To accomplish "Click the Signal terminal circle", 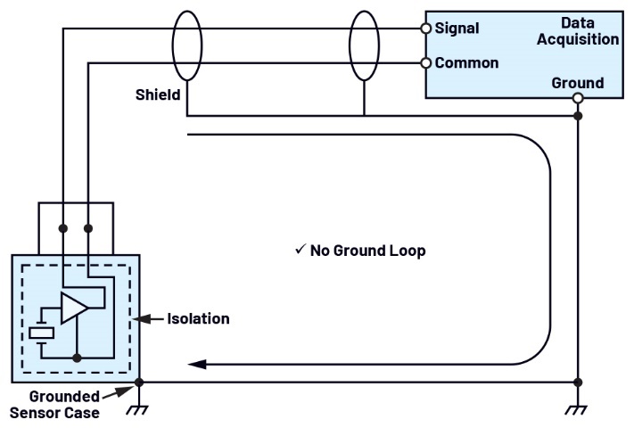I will pos(426,28).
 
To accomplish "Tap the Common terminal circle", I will pos(426,63).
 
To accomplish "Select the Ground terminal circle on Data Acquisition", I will pos(578,98).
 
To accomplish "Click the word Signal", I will pos(457,29).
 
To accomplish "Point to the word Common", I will pos(466,63).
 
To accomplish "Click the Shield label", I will pos(159,95).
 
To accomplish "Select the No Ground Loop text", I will pos(367,251).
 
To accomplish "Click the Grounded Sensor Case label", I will pos(55,404).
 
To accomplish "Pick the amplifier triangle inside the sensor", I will pos(74,306).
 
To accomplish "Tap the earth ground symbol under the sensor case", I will pos(138,409).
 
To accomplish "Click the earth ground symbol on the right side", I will pos(578,409).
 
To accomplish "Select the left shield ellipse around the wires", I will pos(186,45).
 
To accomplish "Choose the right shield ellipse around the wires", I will pos(365,45).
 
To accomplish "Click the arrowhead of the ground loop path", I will pos(197,364).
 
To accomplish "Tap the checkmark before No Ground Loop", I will pos(300,251).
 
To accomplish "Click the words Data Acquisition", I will pos(578,30).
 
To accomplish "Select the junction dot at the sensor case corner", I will pos(138,383).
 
